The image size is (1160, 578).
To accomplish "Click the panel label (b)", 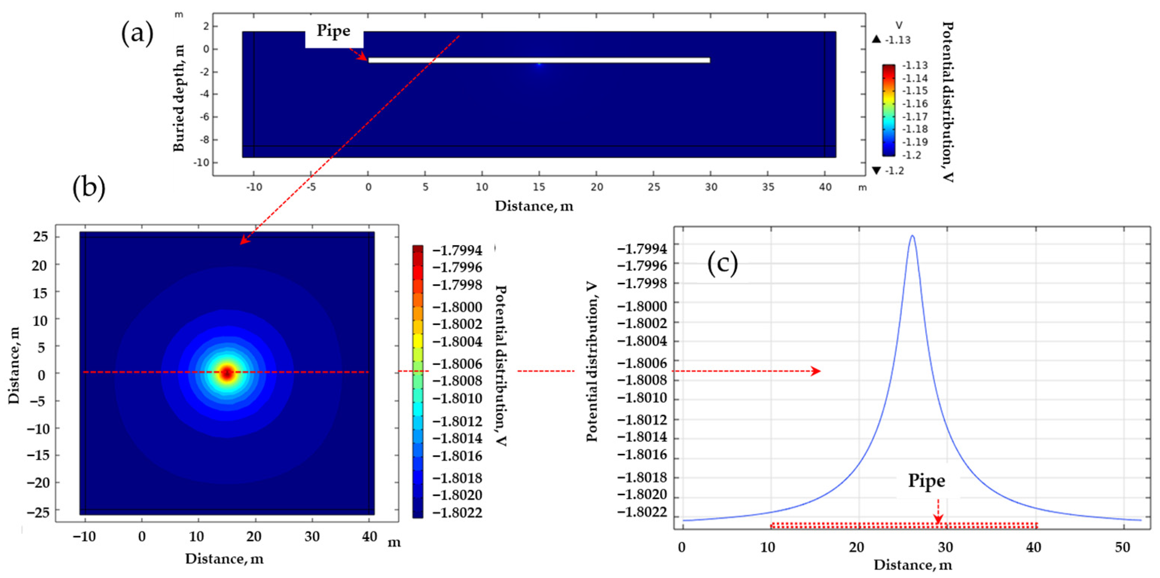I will pyautogui.click(x=89, y=186).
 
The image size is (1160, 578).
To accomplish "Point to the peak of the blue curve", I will pyautogui.click(x=912, y=235).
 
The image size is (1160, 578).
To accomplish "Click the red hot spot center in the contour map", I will pyautogui.click(x=227, y=373).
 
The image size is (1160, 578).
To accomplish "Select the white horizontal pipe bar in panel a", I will pyautogui.click(x=539, y=60).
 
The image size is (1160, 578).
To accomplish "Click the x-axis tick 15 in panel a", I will pyautogui.click(x=539, y=187).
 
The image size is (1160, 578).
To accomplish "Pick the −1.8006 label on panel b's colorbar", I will pyautogui.click(x=458, y=364).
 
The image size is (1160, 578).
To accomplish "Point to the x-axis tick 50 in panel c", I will pyautogui.click(x=1122, y=547).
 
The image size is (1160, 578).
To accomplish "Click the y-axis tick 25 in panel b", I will pyautogui.click(x=40, y=237).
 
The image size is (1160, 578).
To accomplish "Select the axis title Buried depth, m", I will pyautogui.click(x=179, y=98).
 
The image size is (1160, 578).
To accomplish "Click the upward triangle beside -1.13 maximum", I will pyautogui.click(x=876, y=40).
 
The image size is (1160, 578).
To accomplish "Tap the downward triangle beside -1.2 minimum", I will pyautogui.click(x=876, y=170).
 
